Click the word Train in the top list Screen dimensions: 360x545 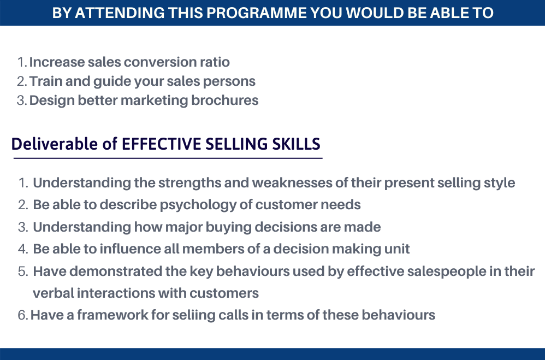click(x=45, y=81)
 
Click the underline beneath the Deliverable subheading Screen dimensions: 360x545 click(x=168, y=158)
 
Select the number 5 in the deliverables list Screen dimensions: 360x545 click(x=22, y=272)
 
